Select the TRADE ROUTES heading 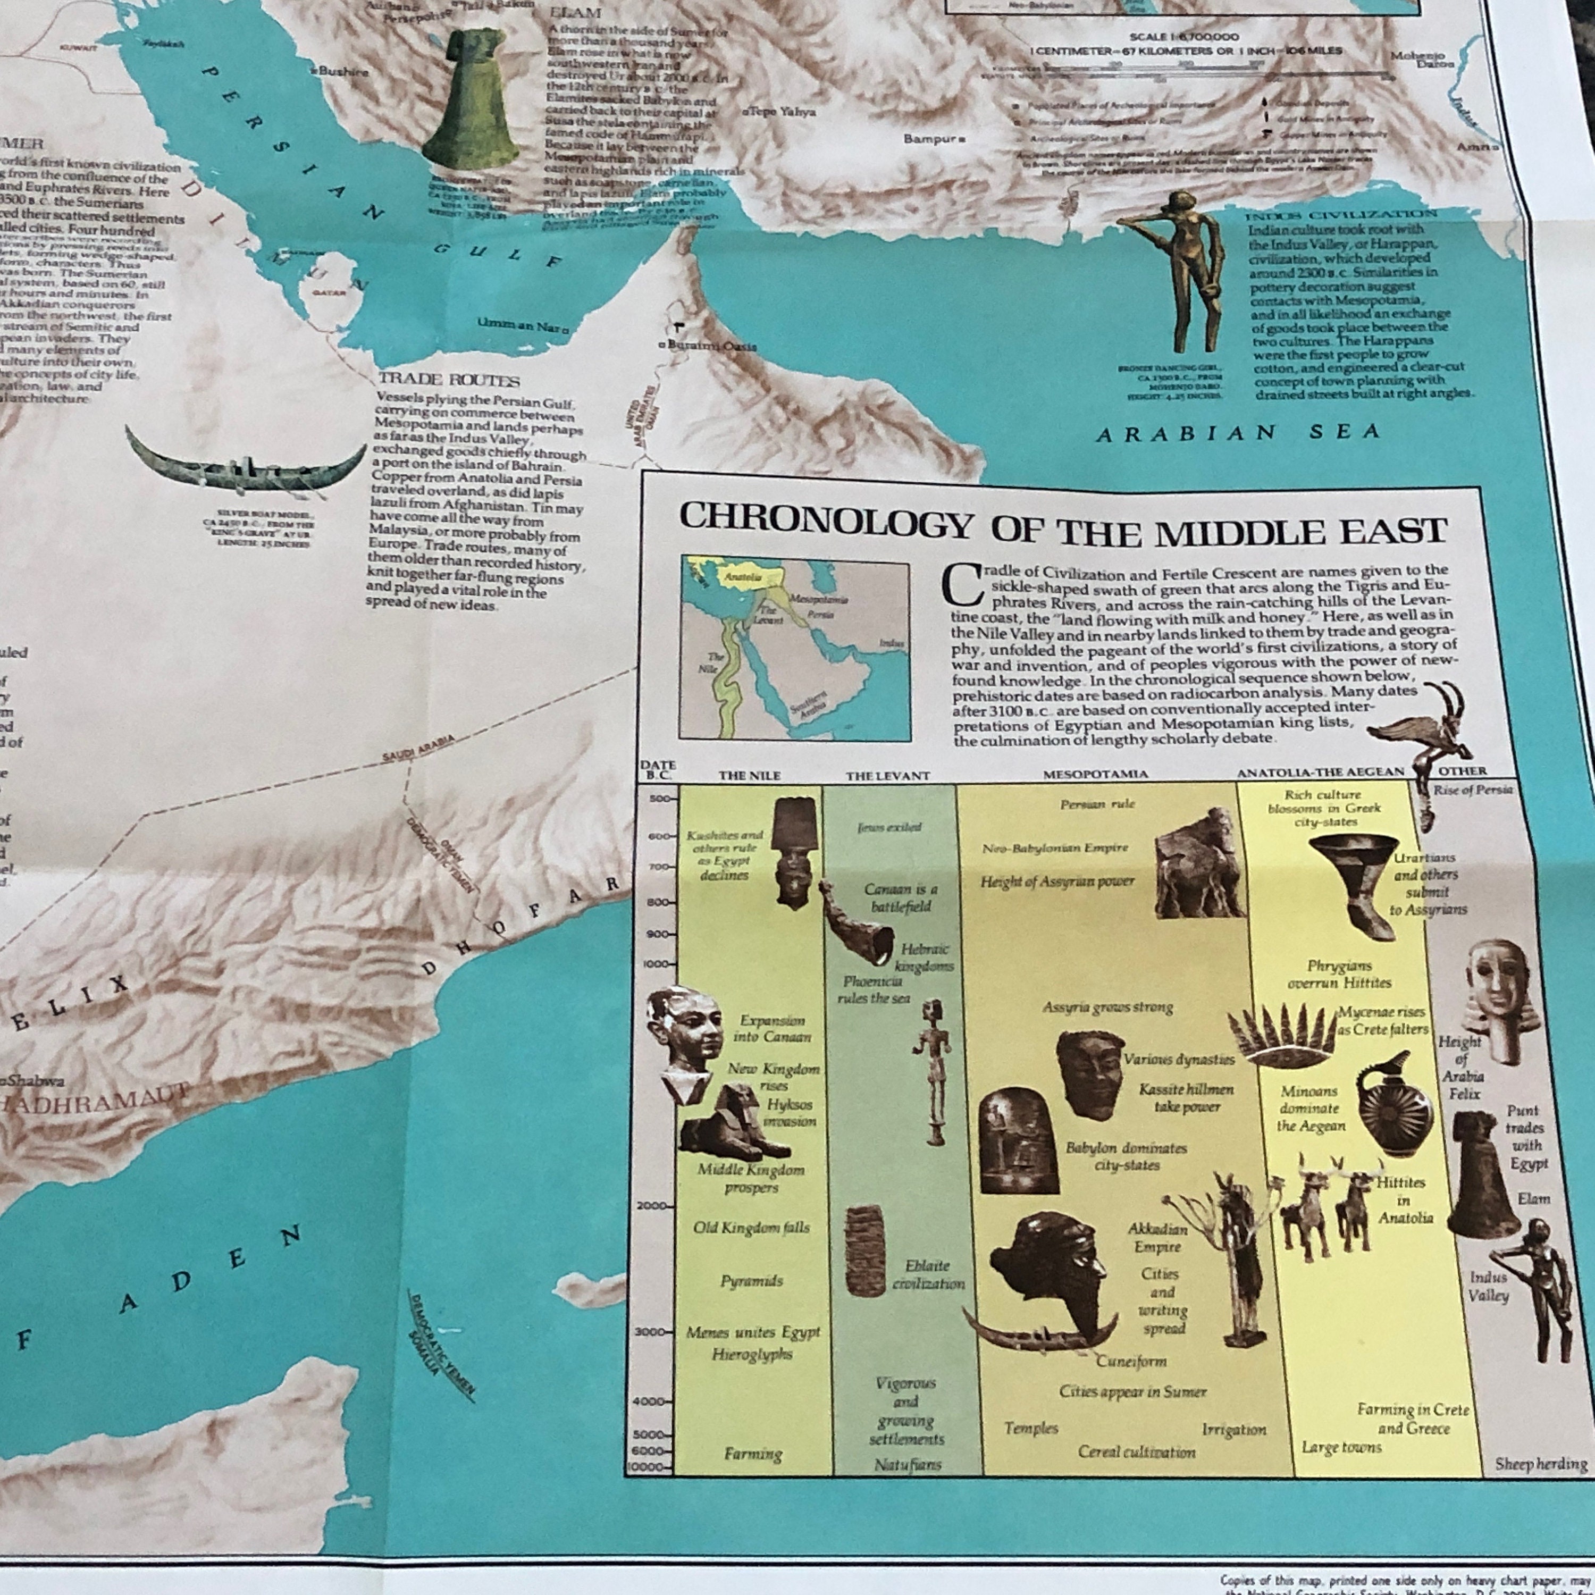[x=449, y=381]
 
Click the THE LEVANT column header [x=887, y=775]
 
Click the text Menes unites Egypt [x=752, y=1332]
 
